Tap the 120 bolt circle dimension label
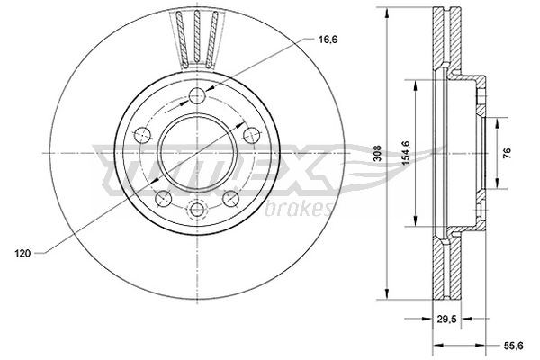[x=24, y=255]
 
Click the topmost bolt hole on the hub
[x=199, y=96]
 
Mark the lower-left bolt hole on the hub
[x=162, y=198]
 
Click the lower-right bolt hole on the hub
[x=229, y=198]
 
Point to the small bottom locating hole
[x=197, y=211]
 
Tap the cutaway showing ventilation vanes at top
[x=199, y=40]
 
